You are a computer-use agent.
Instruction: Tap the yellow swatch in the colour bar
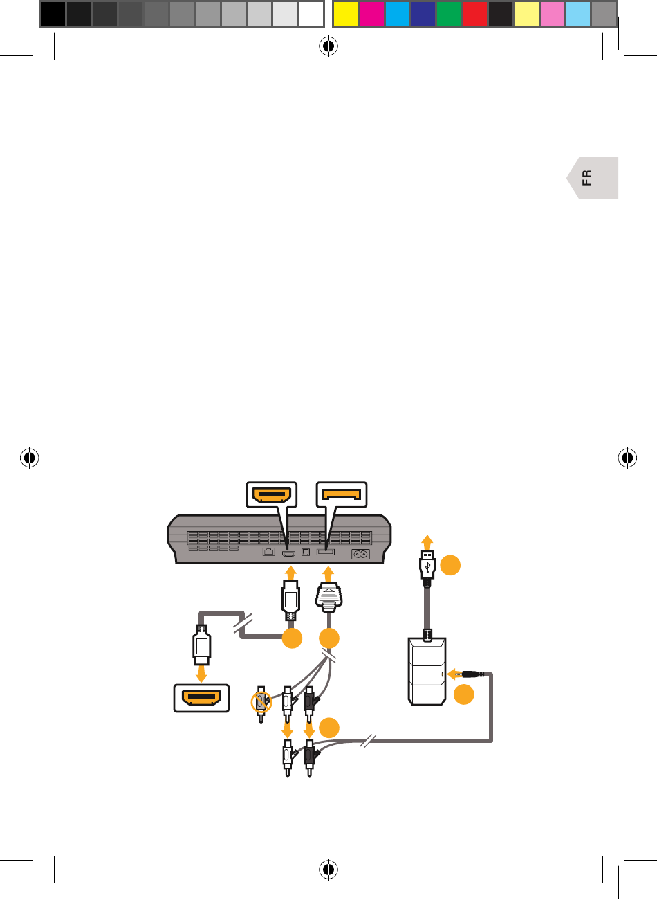[x=345, y=14]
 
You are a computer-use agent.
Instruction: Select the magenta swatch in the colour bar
[x=371, y=14]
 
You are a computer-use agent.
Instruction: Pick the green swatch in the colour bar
[x=449, y=14]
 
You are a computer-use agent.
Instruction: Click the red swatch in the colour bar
[x=474, y=14]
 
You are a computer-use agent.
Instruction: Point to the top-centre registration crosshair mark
[x=328, y=46]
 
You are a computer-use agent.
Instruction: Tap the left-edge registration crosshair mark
[x=30, y=458]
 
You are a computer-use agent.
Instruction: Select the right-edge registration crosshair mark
[x=627, y=458]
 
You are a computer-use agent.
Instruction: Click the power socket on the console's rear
[x=360, y=554]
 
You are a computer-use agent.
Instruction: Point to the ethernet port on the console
[x=269, y=553]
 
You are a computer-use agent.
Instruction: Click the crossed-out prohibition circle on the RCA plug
[x=261, y=701]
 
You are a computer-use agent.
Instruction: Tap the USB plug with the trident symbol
[x=427, y=564]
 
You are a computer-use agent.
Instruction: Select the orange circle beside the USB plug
[x=450, y=565]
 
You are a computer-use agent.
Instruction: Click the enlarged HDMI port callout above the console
[x=272, y=495]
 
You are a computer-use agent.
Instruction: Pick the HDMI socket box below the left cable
[x=201, y=698]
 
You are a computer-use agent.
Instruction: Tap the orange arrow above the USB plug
[x=427, y=541]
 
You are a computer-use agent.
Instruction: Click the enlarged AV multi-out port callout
[x=342, y=495]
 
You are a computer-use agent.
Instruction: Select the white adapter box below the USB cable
[x=427, y=672]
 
